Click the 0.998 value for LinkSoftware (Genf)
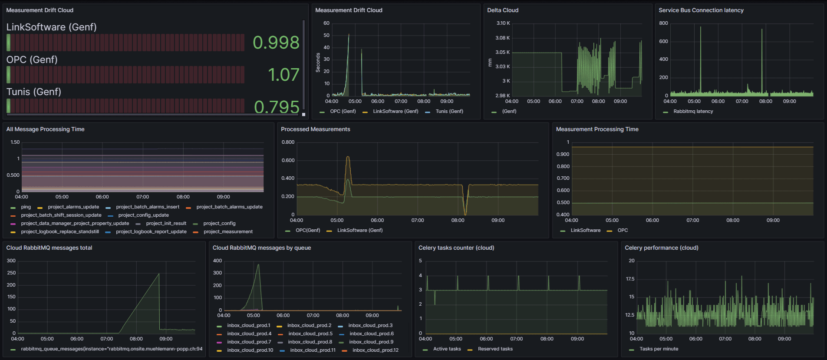coord(276,43)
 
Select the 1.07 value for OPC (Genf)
coord(283,75)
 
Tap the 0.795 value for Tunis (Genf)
coord(277,107)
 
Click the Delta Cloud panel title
coord(502,10)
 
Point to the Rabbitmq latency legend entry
coord(693,112)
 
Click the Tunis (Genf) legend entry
coord(449,112)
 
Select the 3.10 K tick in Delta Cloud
coord(503,23)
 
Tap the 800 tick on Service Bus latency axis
coord(663,23)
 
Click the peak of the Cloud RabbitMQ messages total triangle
coord(159,274)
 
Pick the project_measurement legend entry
coord(228,232)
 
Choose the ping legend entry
coord(26,207)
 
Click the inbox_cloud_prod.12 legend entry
coord(375,350)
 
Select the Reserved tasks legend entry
coord(495,349)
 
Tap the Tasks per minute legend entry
coord(659,349)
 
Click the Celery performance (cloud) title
coord(661,248)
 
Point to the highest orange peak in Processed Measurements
coord(348,157)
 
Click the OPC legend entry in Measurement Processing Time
coord(623,231)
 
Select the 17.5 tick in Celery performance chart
coord(630,279)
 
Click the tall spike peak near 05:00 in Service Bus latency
coord(700,27)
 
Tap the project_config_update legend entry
coord(143,215)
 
